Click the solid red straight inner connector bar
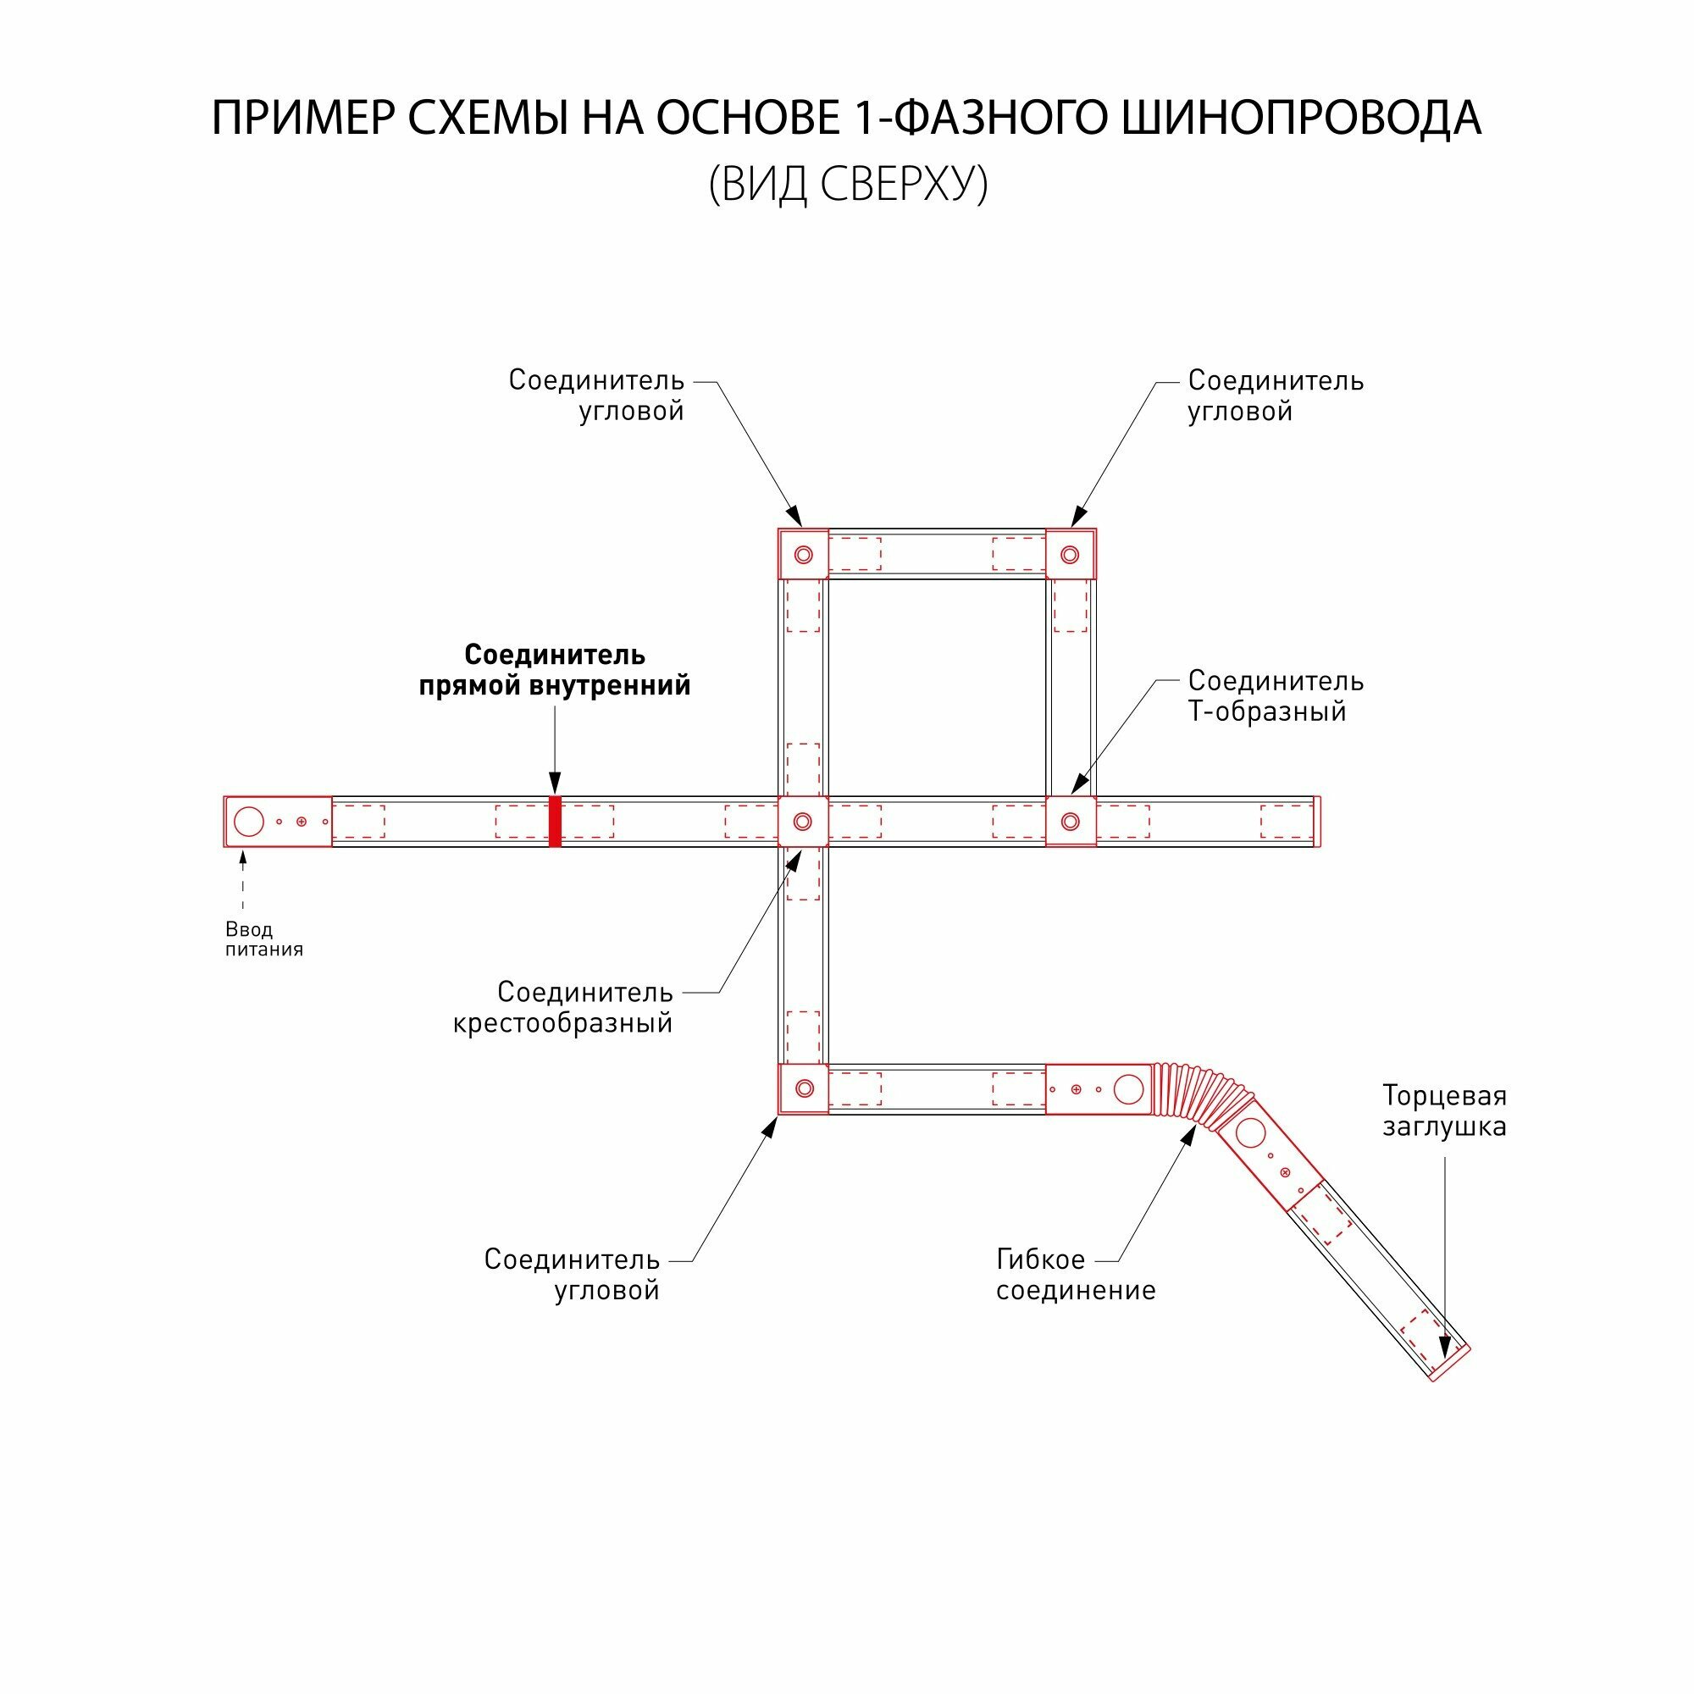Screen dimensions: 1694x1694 pos(554,822)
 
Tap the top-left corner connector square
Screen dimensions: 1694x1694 pos(803,554)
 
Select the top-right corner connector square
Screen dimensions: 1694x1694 pos(1070,554)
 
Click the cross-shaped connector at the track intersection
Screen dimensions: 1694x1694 pos(803,822)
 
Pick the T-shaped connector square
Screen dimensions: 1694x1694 pos(1070,822)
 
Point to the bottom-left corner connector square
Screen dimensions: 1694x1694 pos(803,1089)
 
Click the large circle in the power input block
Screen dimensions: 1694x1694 pos(249,822)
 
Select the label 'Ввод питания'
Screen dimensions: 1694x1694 pos(263,939)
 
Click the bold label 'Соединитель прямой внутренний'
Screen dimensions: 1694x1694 pos(554,670)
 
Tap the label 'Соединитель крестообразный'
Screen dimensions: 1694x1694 pos(563,1007)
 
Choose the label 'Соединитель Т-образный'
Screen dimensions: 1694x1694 pos(1275,696)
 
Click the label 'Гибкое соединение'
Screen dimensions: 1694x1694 pos(1075,1275)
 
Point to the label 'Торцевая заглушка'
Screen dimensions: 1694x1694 pos(1443,1111)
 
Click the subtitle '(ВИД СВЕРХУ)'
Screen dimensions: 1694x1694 pos(847,184)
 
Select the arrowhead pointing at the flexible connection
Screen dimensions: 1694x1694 pos(1189,1136)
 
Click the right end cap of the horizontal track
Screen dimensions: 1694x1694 pos(1317,822)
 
